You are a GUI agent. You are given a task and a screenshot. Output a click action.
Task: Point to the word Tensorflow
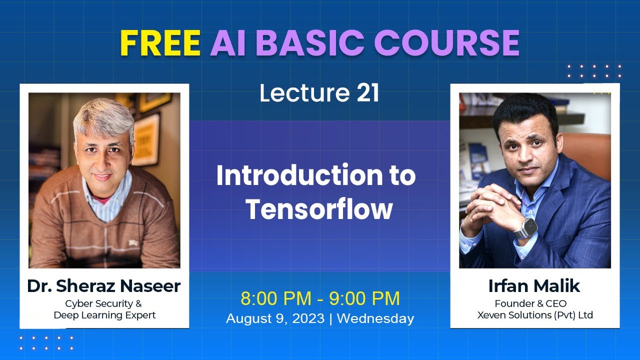[319, 209]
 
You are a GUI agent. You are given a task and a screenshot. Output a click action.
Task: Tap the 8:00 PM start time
[275, 298]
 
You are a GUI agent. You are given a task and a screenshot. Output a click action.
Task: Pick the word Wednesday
[375, 318]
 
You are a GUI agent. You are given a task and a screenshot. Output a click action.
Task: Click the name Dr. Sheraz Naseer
[104, 286]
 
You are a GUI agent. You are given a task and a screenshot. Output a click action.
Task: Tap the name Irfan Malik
[534, 286]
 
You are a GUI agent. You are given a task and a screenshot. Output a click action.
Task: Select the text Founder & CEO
[530, 303]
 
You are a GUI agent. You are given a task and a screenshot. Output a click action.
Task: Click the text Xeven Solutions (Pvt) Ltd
[535, 315]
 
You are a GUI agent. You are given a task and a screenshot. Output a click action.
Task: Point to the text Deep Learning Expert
[104, 315]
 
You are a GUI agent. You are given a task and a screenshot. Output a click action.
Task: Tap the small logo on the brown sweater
[134, 242]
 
